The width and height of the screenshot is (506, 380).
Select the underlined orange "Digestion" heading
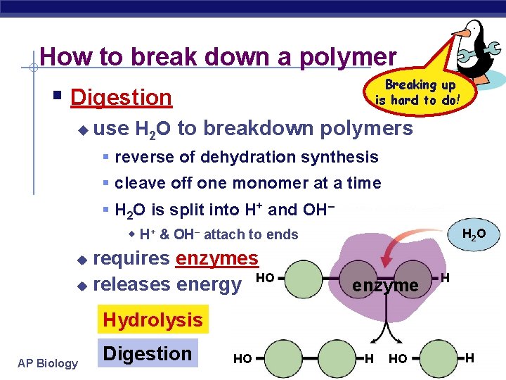coord(122,97)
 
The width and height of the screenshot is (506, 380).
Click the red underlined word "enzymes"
coord(217,258)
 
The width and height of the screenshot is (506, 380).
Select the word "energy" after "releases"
coord(209,284)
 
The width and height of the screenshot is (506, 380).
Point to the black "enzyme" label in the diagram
coord(384,285)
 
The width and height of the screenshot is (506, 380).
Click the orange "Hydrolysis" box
coord(152,320)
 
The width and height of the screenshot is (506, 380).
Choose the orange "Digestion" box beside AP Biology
coord(148,354)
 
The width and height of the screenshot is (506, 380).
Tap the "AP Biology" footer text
coord(48,363)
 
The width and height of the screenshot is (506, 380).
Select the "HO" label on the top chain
coord(265,278)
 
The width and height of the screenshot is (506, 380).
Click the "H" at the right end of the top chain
coord(446,279)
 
